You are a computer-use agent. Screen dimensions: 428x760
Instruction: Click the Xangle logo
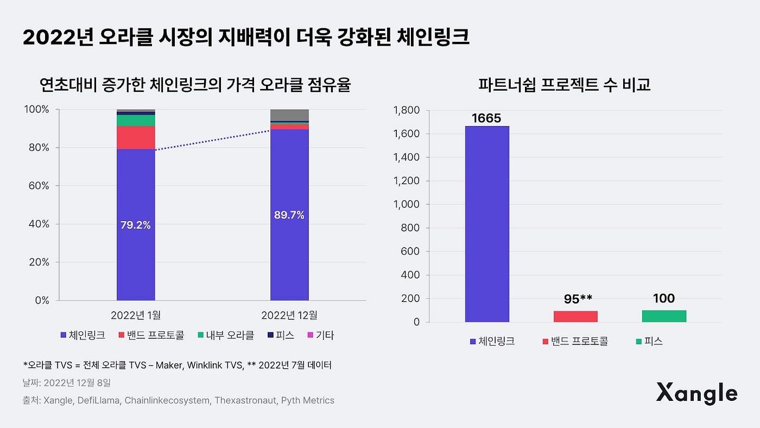[x=696, y=393]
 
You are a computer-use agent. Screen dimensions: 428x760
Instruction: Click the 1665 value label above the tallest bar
[x=486, y=118]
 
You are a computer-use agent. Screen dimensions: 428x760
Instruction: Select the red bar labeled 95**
[x=575, y=316]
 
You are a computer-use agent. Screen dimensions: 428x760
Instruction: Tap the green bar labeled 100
[x=663, y=316]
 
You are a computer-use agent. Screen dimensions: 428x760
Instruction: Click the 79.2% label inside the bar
[x=135, y=225]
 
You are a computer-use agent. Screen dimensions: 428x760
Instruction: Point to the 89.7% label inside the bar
[x=289, y=215]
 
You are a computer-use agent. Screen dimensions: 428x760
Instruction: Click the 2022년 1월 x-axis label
[x=136, y=315]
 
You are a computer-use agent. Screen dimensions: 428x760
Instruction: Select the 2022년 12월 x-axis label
[x=289, y=315]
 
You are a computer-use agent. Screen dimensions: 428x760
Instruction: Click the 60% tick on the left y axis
[x=37, y=186]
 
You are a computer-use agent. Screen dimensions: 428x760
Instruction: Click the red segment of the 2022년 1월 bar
[x=136, y=137]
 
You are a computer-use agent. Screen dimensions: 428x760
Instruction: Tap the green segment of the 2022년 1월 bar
[x=136, y=121]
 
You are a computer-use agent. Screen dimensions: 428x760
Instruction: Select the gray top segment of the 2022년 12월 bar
[x=289, y=115]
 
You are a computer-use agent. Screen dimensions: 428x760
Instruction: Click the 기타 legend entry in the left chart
[x=320, y=335]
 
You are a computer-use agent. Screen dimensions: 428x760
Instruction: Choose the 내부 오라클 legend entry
[x=228, y=335]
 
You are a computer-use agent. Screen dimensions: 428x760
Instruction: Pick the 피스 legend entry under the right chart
[x=649, y=341]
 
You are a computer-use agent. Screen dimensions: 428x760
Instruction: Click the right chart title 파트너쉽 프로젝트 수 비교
[x=564, y=85]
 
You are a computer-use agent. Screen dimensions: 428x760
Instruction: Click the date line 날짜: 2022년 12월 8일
[x=67, y=383]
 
